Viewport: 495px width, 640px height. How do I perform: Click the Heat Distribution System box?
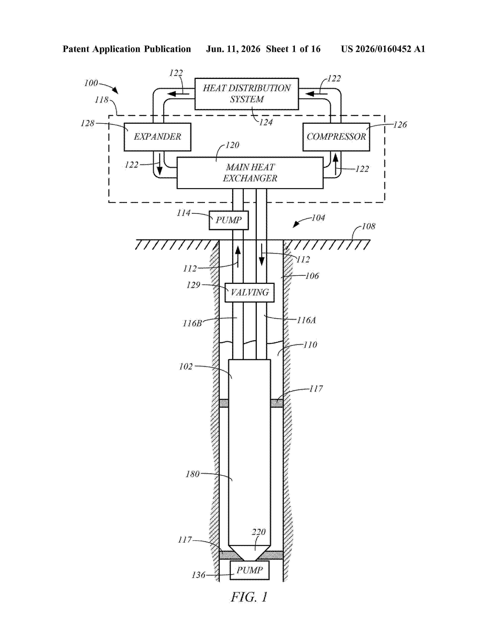(x=247, y=94)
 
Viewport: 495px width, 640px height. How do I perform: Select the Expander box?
(x=157, y=137)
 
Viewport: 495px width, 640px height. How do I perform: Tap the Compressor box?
(x=336, y=137)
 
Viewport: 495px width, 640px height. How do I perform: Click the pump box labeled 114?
(x=229, y=220)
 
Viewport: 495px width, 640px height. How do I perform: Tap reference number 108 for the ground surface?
(x=369, y=226)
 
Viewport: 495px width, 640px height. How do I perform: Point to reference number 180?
(x=192, y=474)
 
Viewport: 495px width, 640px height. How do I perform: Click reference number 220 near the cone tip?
(x=259, y=532)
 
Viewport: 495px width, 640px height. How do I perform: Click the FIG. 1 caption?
(x=249, y=597)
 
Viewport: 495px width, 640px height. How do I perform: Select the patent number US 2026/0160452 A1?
(x=383, y=49)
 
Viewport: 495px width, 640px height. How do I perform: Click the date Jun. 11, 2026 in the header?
(x=233, y=49)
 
